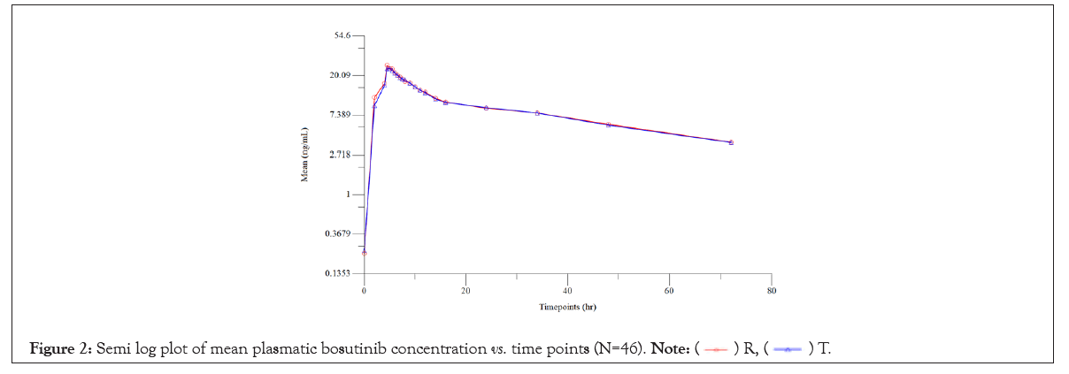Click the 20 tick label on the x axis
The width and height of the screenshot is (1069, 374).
point(465,290)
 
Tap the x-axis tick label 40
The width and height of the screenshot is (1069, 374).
point(567,290)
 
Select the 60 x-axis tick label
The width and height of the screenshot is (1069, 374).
point(669,290)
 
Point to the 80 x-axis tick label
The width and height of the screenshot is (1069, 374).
point(771,290)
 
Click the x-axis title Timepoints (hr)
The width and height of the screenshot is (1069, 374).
point(567,307)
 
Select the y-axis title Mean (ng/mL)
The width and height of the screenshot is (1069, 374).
point(305,155)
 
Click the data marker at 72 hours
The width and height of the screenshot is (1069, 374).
point(731,142)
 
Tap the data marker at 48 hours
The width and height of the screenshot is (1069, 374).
point(609,125)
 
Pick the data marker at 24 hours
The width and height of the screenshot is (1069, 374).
point(487,108)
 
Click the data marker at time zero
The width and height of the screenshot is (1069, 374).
point(365,252)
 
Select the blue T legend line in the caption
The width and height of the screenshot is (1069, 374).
point(788,350)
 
